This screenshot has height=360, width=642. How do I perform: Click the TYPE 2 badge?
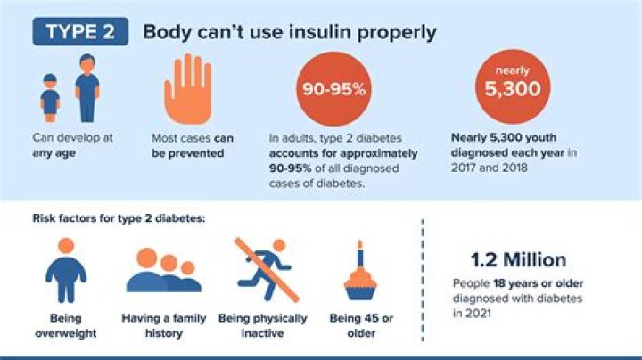[x=80, y=32]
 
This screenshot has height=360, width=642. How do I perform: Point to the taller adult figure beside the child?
[x=86, y=86]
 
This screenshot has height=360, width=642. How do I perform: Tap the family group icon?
[x=163, y=271]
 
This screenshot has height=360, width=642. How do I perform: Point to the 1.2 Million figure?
[x=519, y=260]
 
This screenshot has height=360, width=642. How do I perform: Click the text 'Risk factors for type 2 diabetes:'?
[x=119, y=217]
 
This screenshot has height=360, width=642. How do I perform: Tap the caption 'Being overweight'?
[x=65, y=325]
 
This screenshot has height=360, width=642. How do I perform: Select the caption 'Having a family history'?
[x=164, y=325]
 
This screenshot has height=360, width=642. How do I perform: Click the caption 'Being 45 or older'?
[x=362, y=325]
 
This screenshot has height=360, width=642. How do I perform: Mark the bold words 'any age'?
[x=52, y=152]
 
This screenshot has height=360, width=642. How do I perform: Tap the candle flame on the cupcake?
[x=360, y=243]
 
